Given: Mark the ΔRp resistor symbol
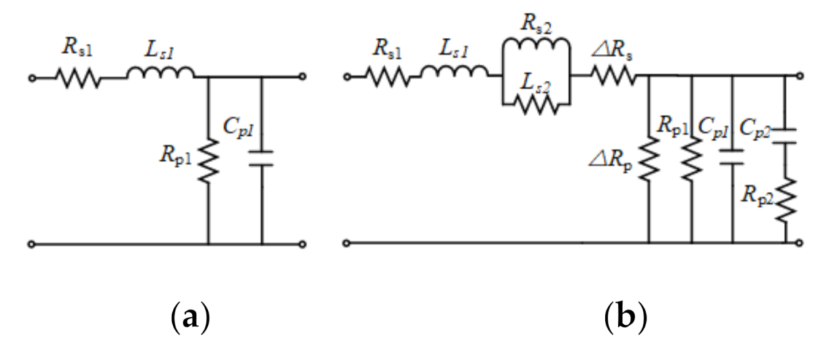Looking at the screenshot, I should point(648,161).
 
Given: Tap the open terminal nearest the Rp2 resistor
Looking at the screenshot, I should point(800,242).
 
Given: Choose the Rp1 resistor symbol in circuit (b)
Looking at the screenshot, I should point(691,161).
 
